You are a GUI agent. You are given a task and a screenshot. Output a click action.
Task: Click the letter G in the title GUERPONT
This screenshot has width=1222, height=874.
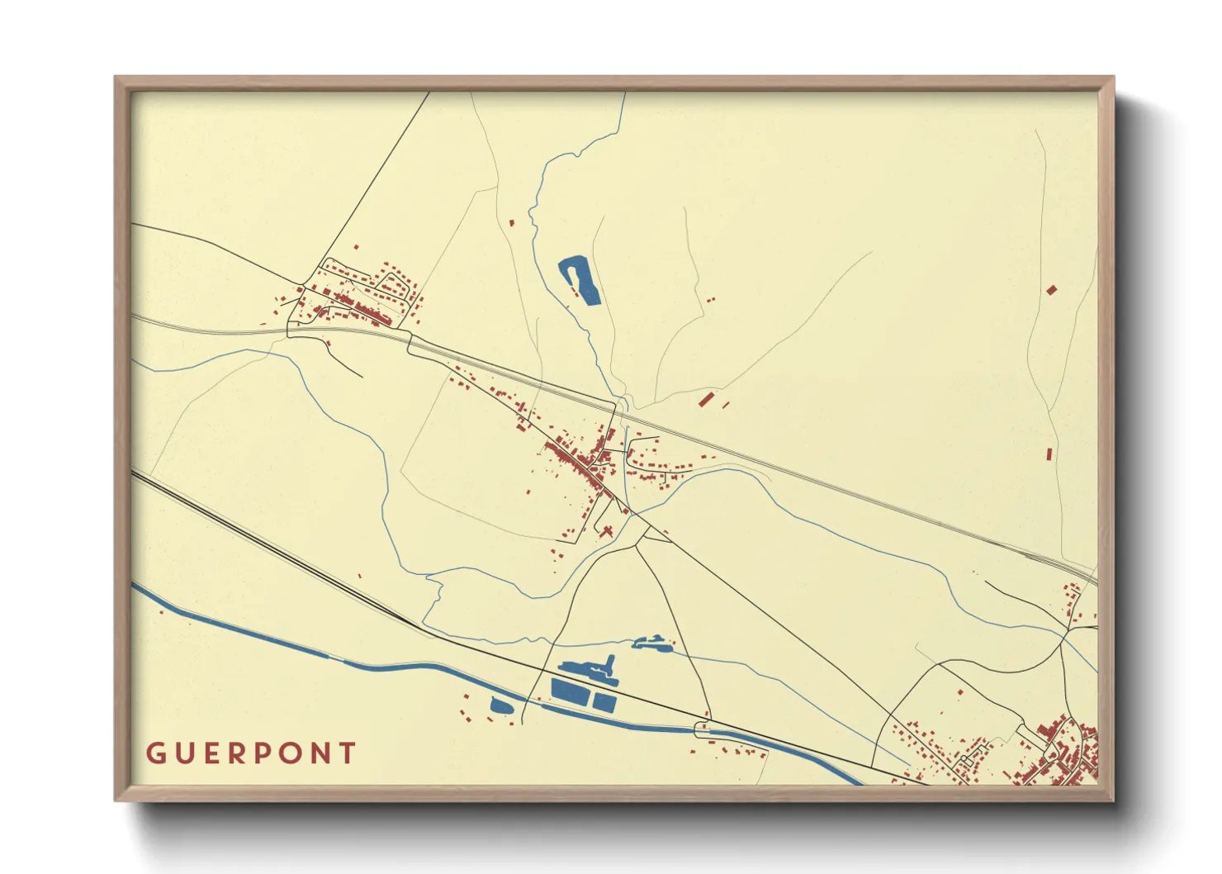[154, 753]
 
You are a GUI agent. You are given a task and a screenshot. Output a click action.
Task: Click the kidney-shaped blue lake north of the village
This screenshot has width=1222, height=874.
[580, 280]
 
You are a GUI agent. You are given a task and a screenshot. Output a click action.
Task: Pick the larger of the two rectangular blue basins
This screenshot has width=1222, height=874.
[570, 691]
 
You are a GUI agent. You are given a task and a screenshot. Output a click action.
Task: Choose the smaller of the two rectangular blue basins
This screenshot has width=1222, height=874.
[605, 702]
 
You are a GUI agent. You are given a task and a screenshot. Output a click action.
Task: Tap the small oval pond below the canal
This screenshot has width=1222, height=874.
[500, 705]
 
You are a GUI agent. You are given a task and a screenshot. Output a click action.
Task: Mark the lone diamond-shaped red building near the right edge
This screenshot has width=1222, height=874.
[1051, 290]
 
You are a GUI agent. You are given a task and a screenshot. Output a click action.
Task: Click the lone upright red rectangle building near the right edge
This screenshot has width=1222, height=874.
[1049, 454]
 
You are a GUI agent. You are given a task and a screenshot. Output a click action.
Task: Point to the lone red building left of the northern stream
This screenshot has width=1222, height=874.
[511, 222]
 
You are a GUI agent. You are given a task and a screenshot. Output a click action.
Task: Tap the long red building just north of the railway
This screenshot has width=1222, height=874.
[705, 399]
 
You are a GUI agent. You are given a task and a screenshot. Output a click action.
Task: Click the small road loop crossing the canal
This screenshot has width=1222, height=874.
[702, 729]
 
